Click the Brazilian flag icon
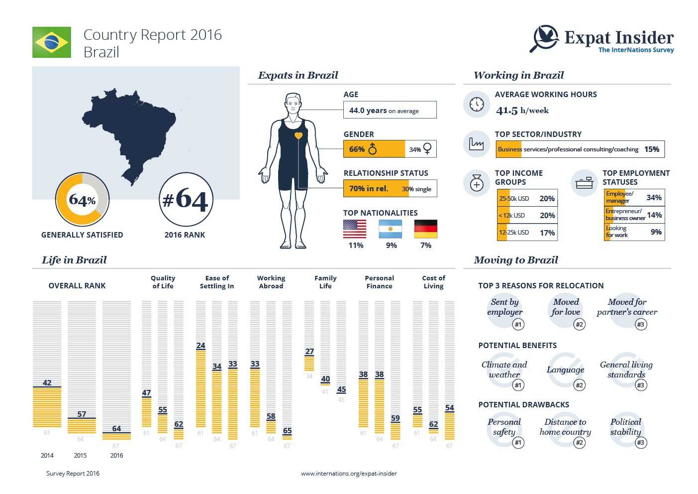(x=52, y=42)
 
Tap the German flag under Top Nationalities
(x=425, y=229)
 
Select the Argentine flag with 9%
(x=391, y=229)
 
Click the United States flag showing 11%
(x=355, y=229)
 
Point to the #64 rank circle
(x=186, y=200)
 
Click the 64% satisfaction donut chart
(x=82, y=200)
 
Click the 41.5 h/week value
(x=522, y=111)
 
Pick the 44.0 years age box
(x=390, y=110)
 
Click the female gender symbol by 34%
(x=427, y=148)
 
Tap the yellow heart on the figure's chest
(x=299, y=135)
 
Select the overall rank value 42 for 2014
(x=47, y=383)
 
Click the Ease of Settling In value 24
(x=200, y=346)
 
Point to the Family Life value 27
(x=309, y=352)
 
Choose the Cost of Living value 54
(x=450, y=408)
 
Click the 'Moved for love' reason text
(x=566, y=307)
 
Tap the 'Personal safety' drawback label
(x=504, y=427)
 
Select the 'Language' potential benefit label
(x=565, y=370)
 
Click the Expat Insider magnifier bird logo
(x=545, y=38)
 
